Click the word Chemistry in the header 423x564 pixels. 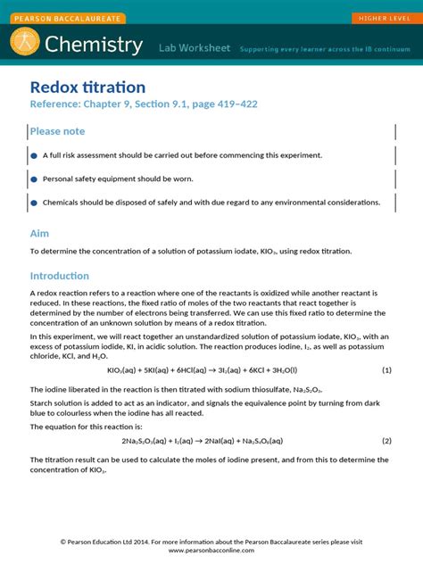click(94, 45)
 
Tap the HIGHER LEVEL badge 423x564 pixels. click(383, 18)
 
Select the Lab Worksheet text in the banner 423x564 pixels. click(194, 47)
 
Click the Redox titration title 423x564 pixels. click(87, 87)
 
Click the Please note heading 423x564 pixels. click(57, 131)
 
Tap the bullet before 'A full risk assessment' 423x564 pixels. click(34, 155)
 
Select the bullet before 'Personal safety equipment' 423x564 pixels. click(34, 178)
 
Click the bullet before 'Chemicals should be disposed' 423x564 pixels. click(34, 203)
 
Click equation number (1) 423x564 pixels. click(386, 369)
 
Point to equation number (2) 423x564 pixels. click(386, 441)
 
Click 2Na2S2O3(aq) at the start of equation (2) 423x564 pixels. click(146, 441)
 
